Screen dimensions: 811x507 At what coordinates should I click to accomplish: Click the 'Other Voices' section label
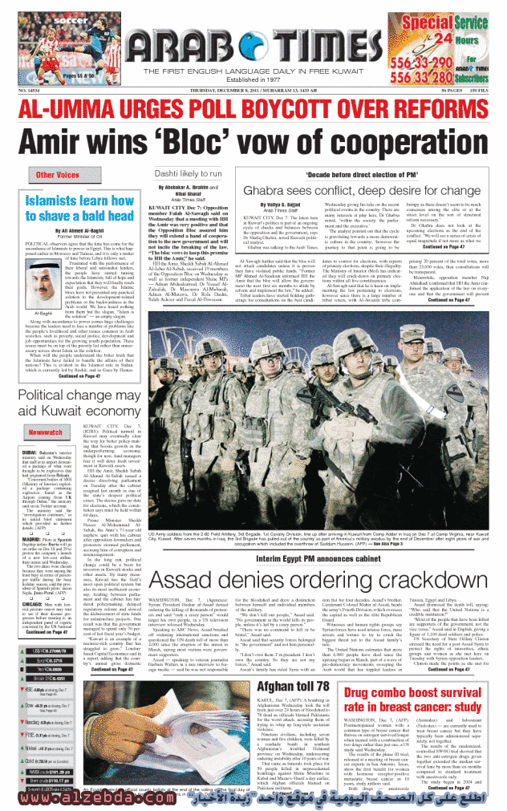coord(56,175)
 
